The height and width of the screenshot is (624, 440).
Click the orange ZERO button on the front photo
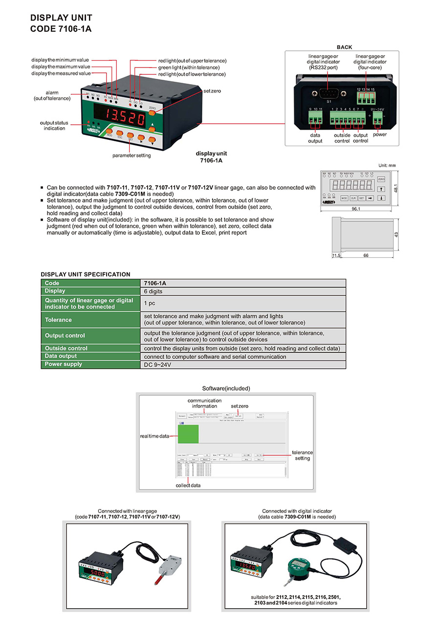152,112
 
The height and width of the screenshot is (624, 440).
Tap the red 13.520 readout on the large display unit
120,118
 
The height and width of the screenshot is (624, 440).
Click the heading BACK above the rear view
344,47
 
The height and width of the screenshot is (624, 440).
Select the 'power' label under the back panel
379,134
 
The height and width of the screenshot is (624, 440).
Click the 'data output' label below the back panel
315,138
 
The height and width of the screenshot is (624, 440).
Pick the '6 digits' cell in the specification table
153,291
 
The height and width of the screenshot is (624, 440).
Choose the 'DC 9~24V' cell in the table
157,364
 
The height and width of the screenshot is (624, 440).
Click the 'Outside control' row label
66,348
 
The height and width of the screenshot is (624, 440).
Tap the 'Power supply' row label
64,364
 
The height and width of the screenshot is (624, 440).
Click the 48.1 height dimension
397,188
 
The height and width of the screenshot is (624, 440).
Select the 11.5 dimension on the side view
336,256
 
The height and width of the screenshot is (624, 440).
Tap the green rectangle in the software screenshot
188,434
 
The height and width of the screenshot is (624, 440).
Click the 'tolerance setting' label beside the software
302,455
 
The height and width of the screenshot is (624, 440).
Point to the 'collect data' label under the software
188,485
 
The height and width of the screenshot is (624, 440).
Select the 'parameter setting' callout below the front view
132,156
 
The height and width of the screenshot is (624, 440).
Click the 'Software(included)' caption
226,388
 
